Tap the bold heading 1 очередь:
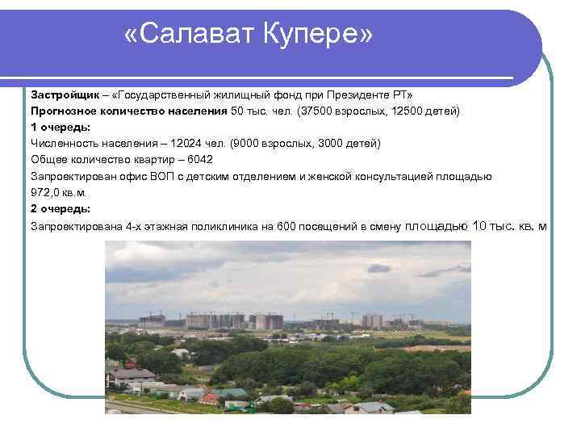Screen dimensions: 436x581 click(61, 127)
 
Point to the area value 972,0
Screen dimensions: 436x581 click(46, 192)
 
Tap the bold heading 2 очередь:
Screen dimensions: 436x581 click(61, 209)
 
